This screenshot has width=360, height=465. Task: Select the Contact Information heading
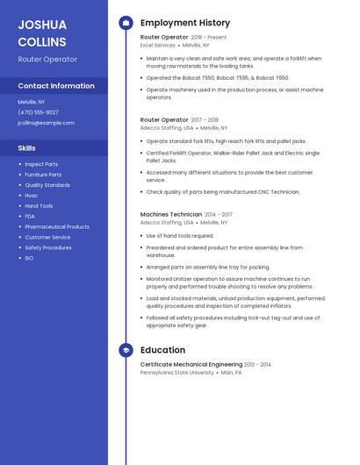click(56, 86)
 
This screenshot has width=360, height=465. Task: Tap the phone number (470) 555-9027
click(39, 112)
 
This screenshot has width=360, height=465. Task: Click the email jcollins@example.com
click(46, 123)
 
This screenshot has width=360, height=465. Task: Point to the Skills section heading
click(27, 148)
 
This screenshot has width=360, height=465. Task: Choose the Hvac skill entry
click(32, 196)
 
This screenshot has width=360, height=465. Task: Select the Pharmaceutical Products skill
click(57, 226)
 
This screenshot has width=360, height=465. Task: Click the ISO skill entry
click(29, 258)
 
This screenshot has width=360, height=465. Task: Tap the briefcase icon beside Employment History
click(126, 23)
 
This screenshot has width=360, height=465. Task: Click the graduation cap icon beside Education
click(126, 350)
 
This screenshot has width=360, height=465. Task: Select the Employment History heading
click(185, 23)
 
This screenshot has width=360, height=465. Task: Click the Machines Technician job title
click(170, 214)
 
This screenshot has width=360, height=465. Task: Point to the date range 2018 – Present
click(209, 38)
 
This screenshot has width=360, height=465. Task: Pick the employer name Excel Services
click(158, 45)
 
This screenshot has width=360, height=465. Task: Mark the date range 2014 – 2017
click(219, 214)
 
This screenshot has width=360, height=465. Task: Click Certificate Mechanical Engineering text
click(191, 364)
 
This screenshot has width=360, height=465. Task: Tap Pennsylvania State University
click(176, 372)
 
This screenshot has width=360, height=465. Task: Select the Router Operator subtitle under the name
click(47, 59)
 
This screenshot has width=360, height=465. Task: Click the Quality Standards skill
click(47, 185)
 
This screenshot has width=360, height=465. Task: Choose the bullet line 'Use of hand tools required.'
click(180, 236)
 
